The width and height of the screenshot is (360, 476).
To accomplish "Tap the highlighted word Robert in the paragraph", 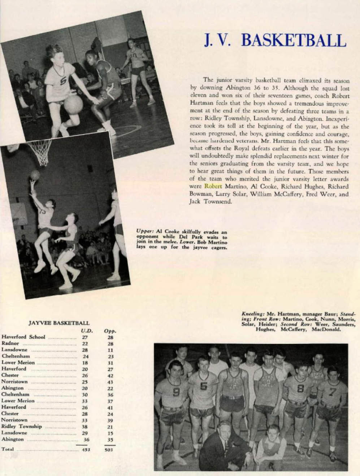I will tap(213, 187).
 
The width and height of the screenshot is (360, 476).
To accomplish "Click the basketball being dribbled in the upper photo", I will tap(73, 103).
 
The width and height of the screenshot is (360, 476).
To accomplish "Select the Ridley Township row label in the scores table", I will tap(22, 426).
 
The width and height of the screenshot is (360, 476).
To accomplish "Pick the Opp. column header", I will tap(109, 331).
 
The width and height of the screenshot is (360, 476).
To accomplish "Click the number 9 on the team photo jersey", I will tap(176, 392).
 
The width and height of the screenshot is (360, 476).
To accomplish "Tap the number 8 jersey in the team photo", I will tap(300, 389).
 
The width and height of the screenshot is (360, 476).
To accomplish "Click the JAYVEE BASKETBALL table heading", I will tap(59, 323).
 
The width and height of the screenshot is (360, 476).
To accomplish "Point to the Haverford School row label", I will tap(23, 337).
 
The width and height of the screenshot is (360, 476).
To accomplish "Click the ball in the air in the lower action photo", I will tap(35, 175).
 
